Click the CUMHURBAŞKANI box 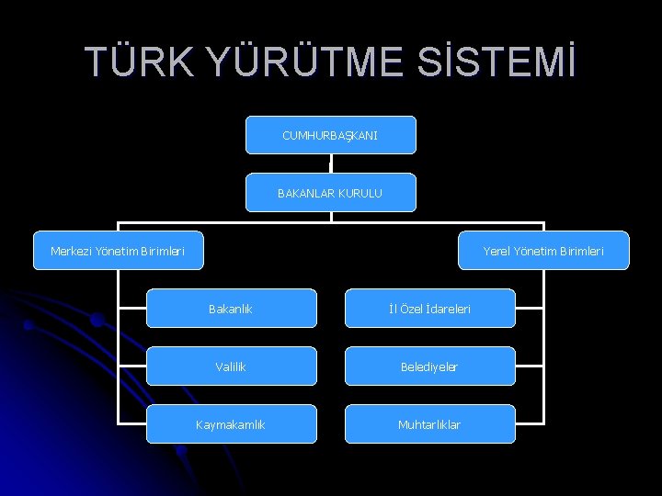point(330,135)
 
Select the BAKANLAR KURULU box point(330,193)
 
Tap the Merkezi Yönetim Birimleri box point(118,251)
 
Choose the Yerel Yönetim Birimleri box point(543,251)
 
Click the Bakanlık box point(231,309)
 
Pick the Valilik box point(231,366)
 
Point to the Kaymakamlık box point(231,424)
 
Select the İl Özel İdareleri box point(429,309)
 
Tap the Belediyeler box point(429,366)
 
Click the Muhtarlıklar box point(429,424)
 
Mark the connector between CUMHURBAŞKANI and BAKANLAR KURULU point(330,163)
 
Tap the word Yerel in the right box point(498,251)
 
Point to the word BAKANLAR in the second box point(305,193)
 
